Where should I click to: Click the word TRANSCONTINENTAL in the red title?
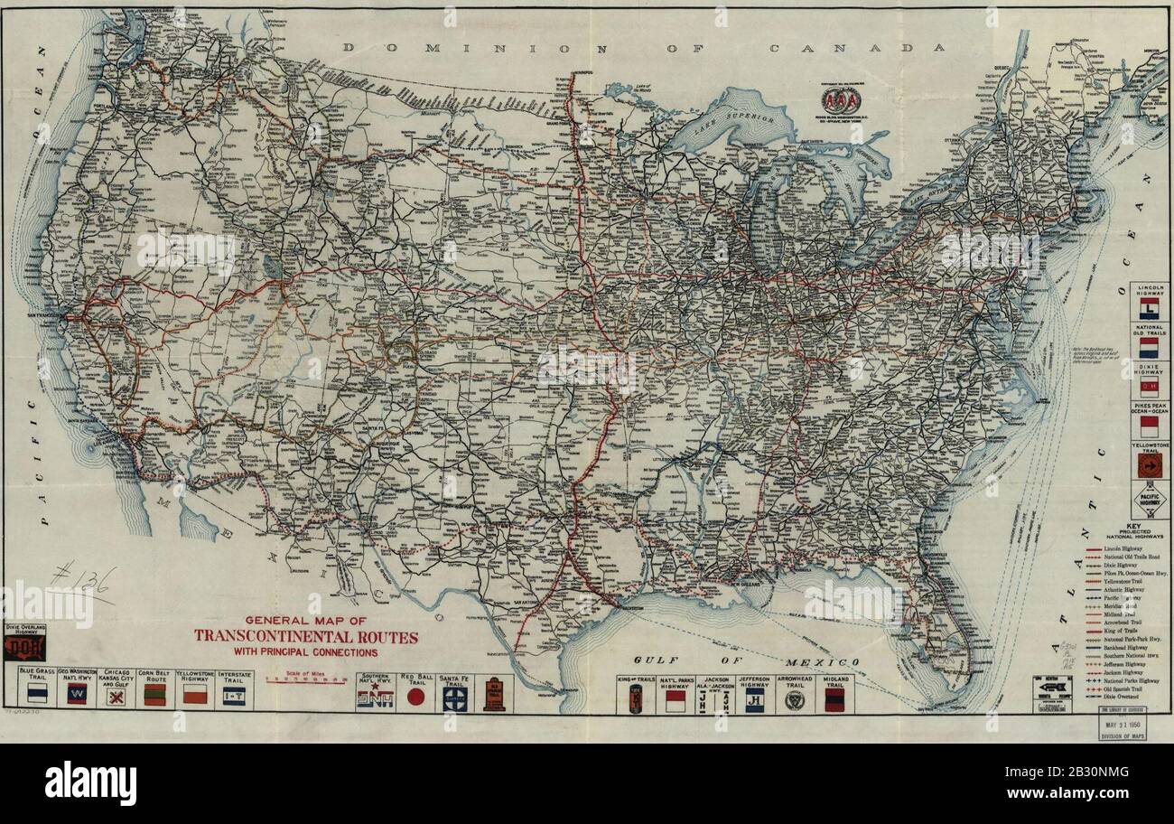[306, 637]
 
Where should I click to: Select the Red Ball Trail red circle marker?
[415, 697]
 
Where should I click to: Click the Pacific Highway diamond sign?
[1149, 500]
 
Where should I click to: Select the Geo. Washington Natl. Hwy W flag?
[77, 695]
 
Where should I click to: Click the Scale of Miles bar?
[305, 682]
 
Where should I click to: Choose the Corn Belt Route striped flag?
[154, 695]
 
